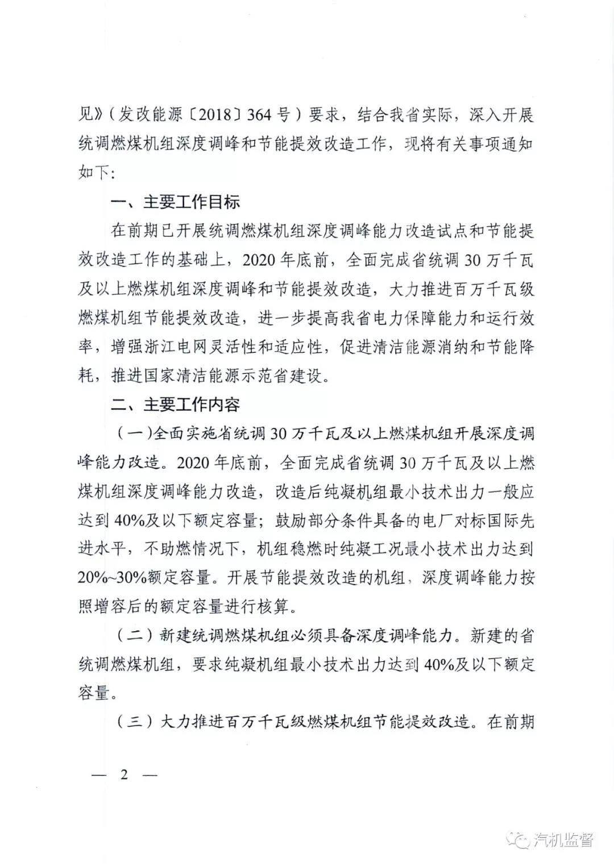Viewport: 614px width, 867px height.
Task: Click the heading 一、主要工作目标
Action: pyautogui.click(x=175, y=202)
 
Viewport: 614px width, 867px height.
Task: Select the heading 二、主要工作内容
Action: pyautogui.click(x=175, y=405)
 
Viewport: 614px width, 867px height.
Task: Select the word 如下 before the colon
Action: pyautogui.click(x=93, y=173)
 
